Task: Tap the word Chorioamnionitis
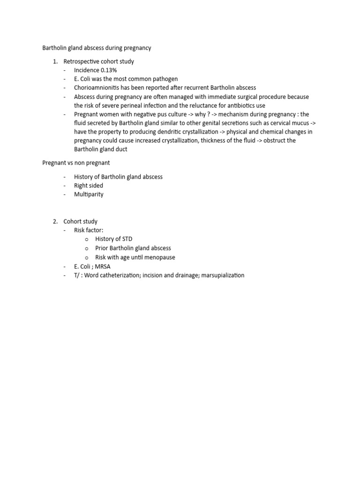[x=97, y=88]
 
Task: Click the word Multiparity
[x=89, y=194]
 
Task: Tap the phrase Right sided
[x=89, y=186]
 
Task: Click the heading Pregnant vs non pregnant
[x=76, y=163]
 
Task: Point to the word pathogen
[x=165, y=79]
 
